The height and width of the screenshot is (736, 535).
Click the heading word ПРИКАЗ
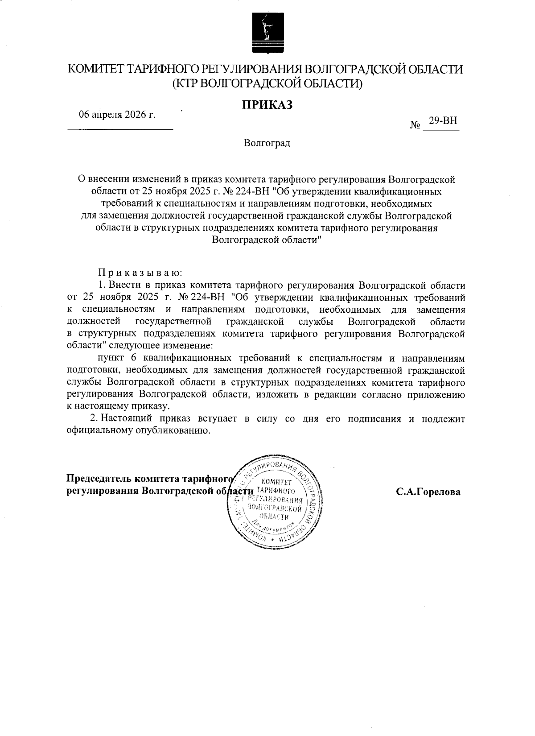coord(267,104)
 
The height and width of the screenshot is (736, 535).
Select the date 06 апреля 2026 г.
coord(117,115)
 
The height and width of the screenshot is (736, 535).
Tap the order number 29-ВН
coord(443,121)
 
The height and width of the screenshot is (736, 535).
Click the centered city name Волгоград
coord(267,144)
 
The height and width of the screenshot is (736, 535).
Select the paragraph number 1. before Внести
coord(101,285)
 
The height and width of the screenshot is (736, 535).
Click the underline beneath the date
coord(120,129)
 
